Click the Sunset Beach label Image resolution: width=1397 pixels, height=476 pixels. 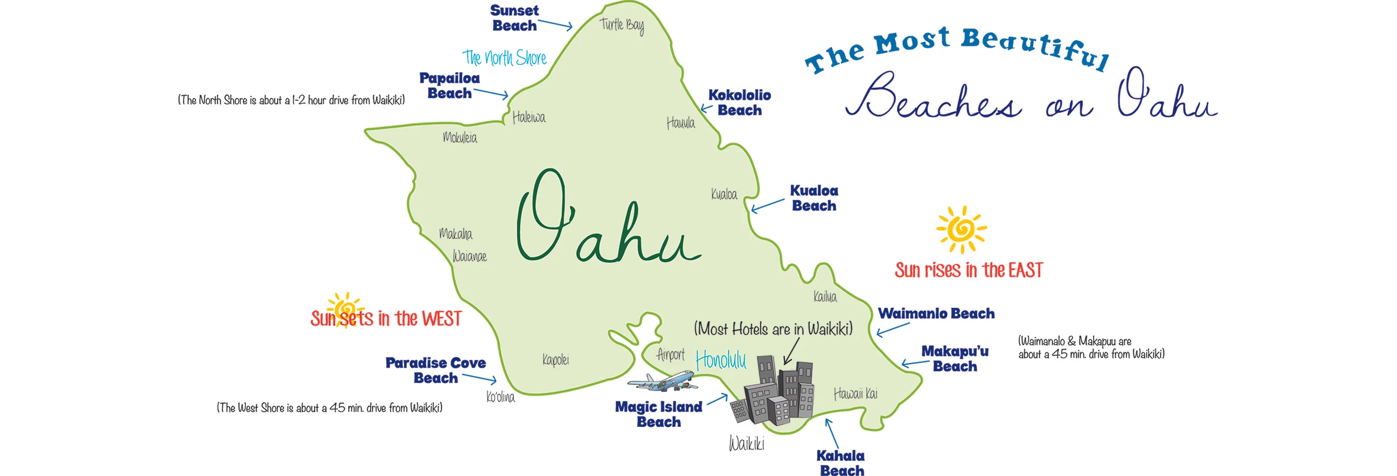pos(514,18)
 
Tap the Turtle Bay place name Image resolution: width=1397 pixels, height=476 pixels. pos(621,25)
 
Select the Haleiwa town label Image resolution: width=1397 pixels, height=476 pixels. pos(529,117)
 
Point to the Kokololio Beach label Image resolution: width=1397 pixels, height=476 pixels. pos(739,103)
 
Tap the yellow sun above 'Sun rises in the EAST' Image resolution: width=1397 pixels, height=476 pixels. pos(962,229)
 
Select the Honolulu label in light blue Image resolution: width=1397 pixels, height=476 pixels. pos(720,360)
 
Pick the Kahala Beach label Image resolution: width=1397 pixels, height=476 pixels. pos(841,463)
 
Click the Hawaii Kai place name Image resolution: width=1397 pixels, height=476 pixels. pos(855,394)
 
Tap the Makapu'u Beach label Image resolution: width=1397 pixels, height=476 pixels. pos(954,359)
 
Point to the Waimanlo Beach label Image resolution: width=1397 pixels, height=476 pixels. pos(936,313)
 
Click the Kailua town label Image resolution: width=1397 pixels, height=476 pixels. pos(825,297)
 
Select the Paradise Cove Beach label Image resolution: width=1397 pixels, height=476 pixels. pos(435,370)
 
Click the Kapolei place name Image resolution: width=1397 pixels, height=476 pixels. pos(555,359)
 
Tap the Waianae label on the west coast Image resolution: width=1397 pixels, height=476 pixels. pos(469,256)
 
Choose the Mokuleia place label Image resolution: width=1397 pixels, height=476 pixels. pos(460,137)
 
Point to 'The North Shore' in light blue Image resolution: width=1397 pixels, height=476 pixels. pos(504,58)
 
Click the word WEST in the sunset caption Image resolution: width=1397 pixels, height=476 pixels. pos(441,319)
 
